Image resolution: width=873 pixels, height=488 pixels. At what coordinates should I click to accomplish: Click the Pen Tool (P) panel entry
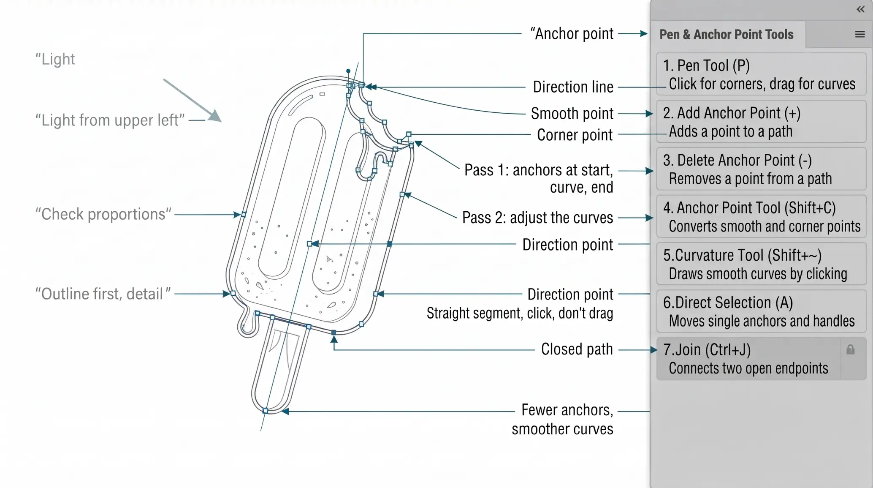click(x=761, y=74)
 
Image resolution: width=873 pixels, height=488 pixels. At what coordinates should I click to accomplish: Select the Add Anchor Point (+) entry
click(x=761, y=122)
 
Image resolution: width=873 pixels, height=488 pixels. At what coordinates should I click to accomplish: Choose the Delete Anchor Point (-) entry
click(x=761, y=169)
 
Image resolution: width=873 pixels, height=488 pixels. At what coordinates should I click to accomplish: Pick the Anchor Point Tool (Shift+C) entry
click(x=761, y=216)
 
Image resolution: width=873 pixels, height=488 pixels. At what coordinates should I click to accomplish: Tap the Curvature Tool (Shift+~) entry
click(x=761, y=264)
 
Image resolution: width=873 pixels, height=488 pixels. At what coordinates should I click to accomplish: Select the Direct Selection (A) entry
click(x=761, y=311)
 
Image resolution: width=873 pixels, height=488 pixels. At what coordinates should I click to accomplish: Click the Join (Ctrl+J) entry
click(x=748, y=358)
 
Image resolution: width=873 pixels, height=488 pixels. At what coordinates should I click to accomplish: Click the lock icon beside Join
click(x=850, y=349)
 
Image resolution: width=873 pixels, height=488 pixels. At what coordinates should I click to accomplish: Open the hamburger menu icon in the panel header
click(x=860, y=34)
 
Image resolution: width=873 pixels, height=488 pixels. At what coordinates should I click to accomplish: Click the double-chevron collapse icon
click(x=861, y=9)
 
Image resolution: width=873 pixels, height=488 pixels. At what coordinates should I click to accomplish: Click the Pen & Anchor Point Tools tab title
click(x=727, y=34)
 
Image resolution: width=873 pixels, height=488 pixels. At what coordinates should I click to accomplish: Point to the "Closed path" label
click(x=577, y=349)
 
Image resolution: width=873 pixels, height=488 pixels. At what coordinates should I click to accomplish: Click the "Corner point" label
click(x=575, y=135)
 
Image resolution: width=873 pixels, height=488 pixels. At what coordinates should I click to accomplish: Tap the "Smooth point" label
click(x=572, y=114)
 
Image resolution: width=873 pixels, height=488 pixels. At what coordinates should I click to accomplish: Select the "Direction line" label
click(x=573, y=87)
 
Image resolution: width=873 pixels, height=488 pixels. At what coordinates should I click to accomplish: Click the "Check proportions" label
click(x=103, y=214)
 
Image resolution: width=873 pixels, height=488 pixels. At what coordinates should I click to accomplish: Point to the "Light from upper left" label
click(x=110, y=120)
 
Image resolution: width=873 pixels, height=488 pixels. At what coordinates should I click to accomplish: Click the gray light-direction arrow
click(x=192, y=101)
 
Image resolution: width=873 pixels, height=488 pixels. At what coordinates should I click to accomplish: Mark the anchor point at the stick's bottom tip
click(x=265, y=411)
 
